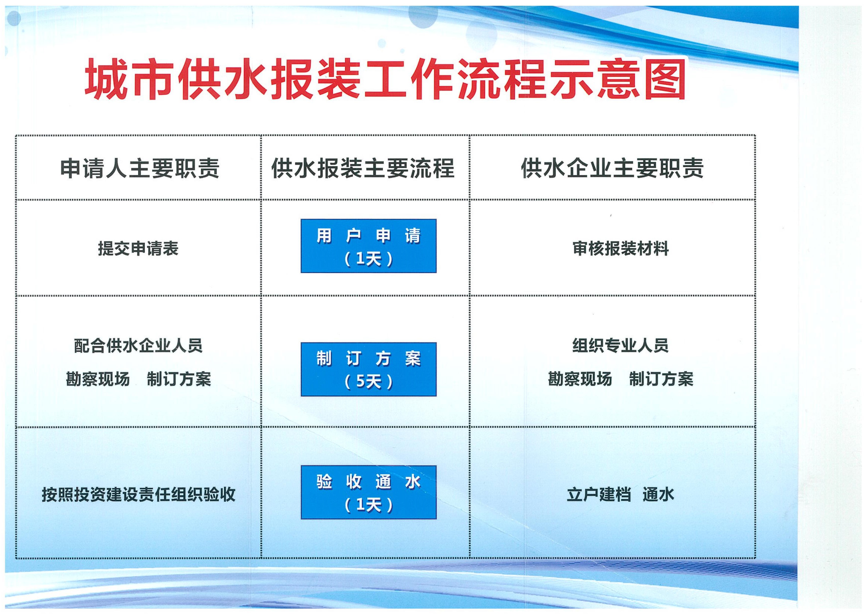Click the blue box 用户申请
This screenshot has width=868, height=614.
click(x=369, y=246)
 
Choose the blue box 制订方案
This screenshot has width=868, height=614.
click(x=369, y=369)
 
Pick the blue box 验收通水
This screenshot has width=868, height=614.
click(x=369, y=492)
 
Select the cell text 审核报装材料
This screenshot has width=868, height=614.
click(x=621, y=248)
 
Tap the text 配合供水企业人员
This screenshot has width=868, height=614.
click(x=138, y=346)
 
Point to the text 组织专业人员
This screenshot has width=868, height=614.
click(x=621, y=346)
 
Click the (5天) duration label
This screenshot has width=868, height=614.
click(x=369, y=382)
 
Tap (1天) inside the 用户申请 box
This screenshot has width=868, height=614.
click(x=369, y=259)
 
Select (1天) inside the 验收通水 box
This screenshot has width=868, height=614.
click(x=369, y=505)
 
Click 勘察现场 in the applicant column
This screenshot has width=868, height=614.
click(x=98, y=379)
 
